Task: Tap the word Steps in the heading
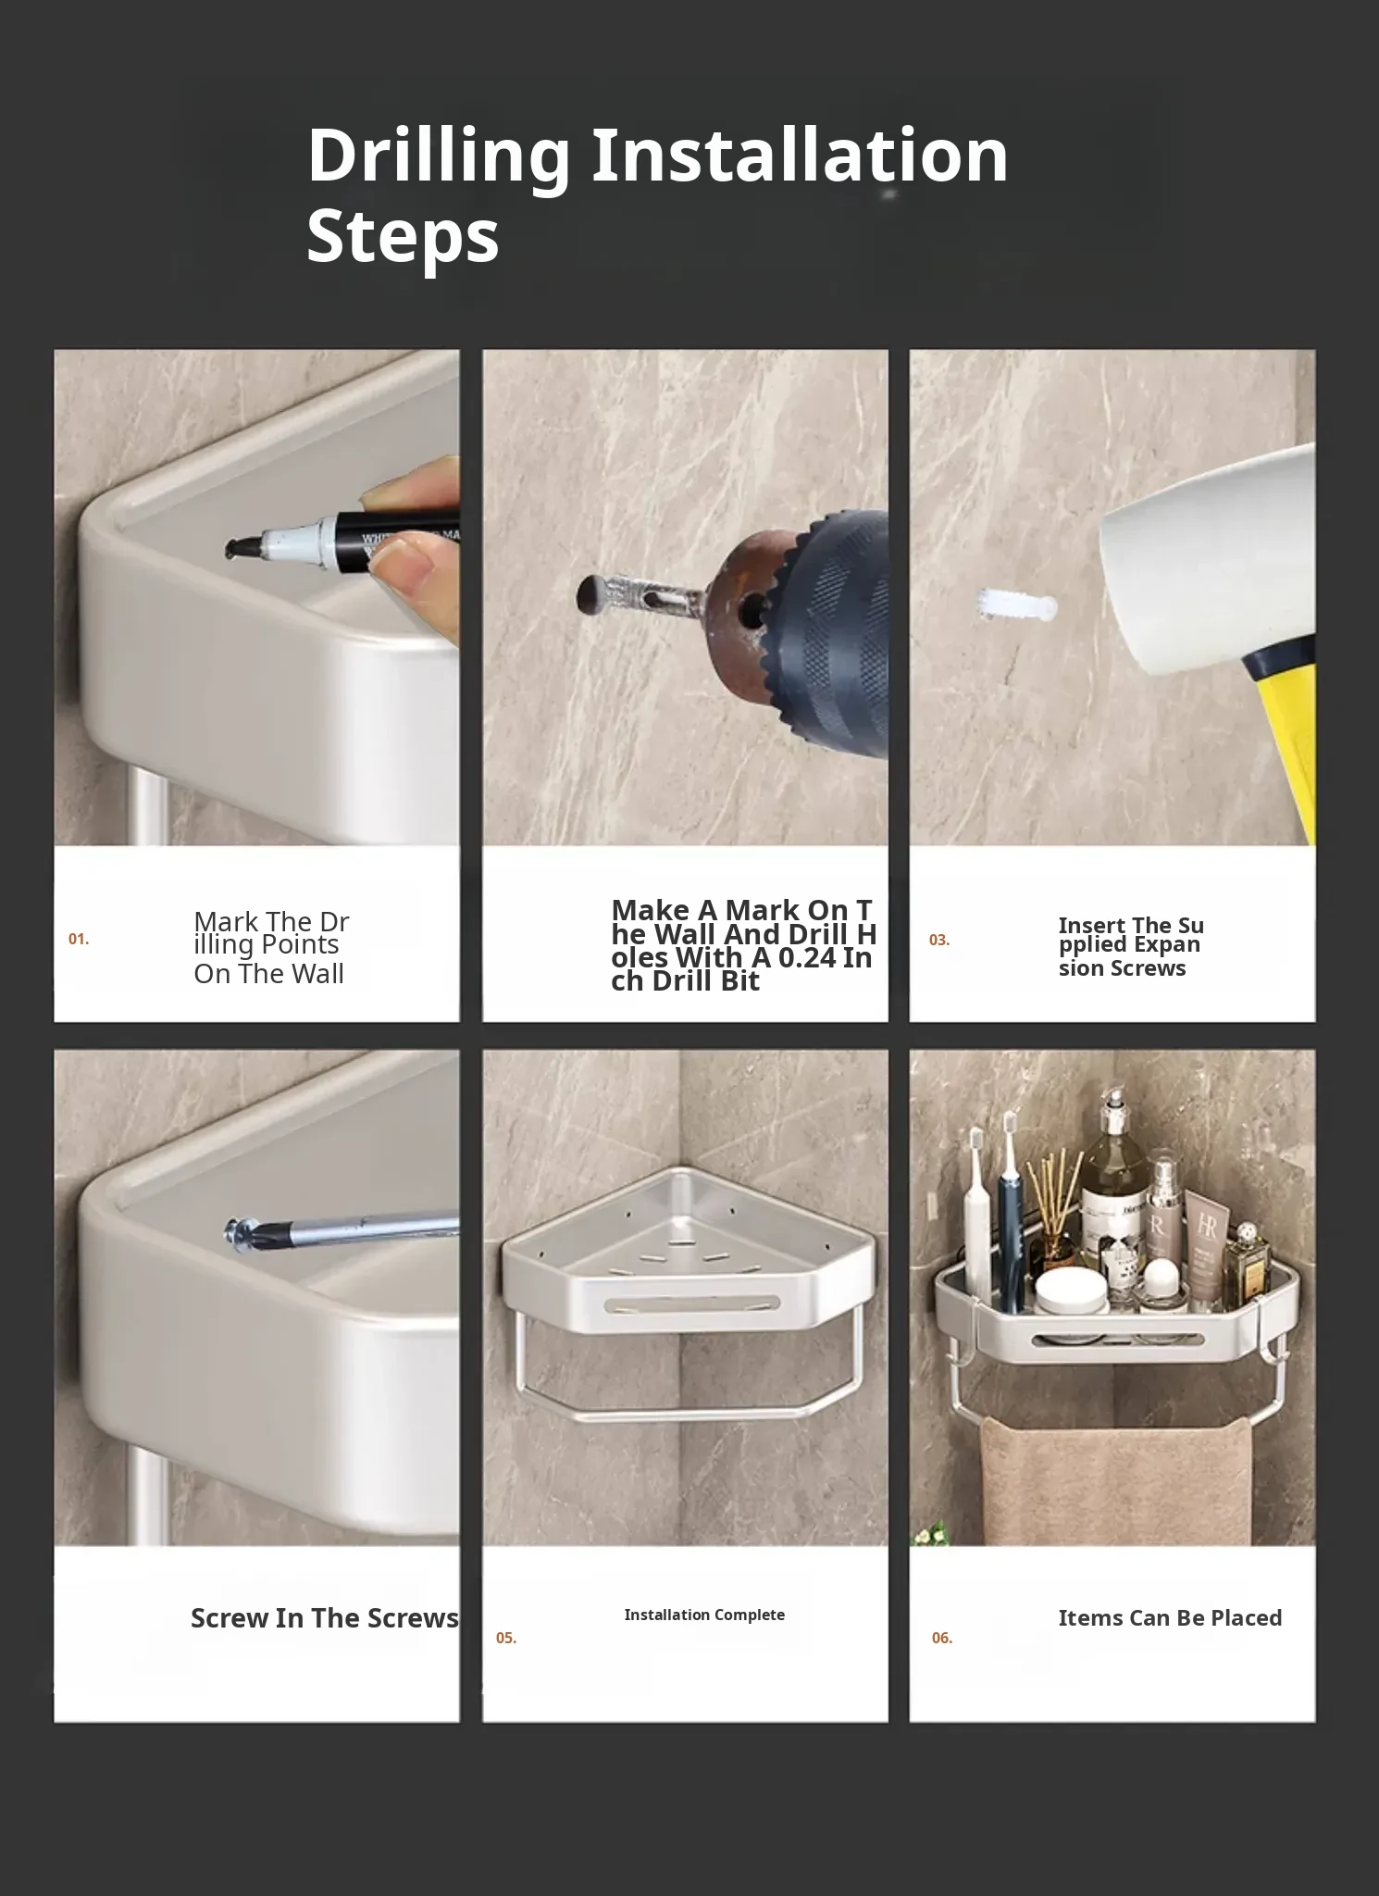pos(403,237)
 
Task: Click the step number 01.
pos(79,940)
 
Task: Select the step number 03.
pos(939,941)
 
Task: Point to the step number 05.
pos(506,1639)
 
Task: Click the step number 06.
pos(942,1639)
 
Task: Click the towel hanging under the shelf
pos(1116,1480)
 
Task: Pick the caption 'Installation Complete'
pos(704,1615)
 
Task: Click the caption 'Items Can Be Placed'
pos(1170,1618)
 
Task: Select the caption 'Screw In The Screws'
pos(325,1618)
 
